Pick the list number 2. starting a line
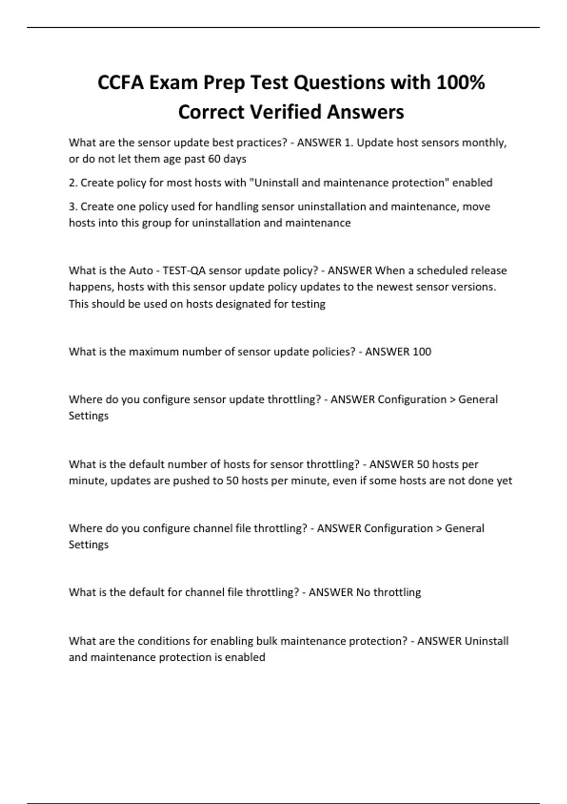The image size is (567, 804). (x=73, y=183)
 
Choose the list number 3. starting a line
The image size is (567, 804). (x=73, y=207)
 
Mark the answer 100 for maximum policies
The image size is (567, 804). (x=421, y=352)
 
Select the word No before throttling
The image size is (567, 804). (x=363, y=593)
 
